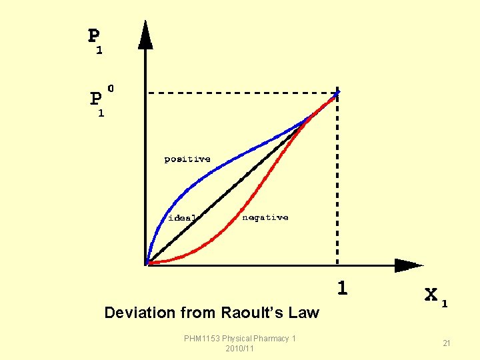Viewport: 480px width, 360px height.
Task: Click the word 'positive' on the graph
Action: pos(187,159)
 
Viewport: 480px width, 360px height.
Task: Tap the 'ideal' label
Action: pos(181,217)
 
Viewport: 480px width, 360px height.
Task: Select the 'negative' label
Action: pos(265,217)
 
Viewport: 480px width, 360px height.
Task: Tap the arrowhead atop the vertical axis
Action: pos(145,36)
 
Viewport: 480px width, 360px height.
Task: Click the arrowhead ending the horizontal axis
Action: pos(408,265)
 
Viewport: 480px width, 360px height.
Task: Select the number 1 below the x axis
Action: pos(342,288)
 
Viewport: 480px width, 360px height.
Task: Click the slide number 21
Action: pos(447,343)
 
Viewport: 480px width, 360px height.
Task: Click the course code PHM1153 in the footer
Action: pos(202,339)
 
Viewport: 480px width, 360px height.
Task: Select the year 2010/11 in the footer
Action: pos(240,349)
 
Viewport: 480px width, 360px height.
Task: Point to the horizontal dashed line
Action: pos(240,93)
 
